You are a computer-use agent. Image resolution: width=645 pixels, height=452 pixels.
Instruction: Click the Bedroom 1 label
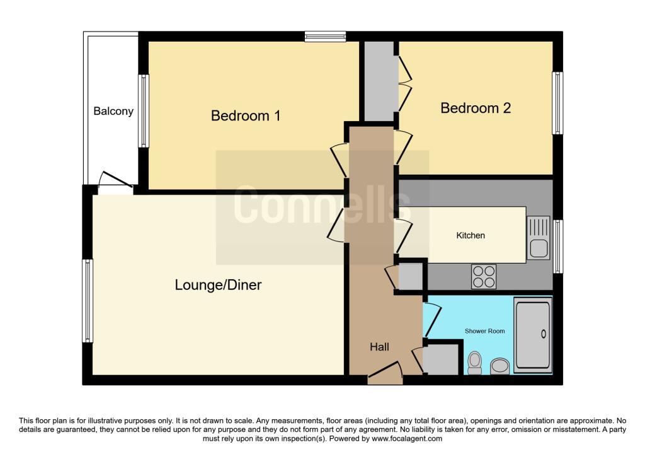pyautogui.click(x=246, y=115)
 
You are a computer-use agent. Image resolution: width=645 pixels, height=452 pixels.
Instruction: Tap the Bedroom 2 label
pyautogui.click(x=476, y=108)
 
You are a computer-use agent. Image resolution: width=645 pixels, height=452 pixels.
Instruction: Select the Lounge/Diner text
pyautogui.click(x=218, y=285)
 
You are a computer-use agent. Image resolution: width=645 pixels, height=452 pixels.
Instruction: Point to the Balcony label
pyautogui.click(x=113, y=111)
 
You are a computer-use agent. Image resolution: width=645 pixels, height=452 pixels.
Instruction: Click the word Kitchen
pyautogui.click(x=471, y=236)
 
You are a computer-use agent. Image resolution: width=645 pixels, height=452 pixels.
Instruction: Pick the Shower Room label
pyautogui.click(x=484, y=331)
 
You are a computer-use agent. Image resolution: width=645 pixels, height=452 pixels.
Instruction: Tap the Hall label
pyautogui.click(x=379, y=347)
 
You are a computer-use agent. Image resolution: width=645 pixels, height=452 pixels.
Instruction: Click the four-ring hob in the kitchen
pyautogui.click(x=484, y=277)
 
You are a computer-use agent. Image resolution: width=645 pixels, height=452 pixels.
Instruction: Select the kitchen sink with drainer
pyautogui.click(x=539, y=238)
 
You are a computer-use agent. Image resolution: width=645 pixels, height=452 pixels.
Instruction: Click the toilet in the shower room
pyautogui.click(x=475, y=362)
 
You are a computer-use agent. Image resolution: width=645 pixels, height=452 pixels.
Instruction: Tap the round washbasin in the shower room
pyautogui.click(x=499, y=366)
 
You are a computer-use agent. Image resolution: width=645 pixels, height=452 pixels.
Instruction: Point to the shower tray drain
pyautogui.click(x=544, y=334)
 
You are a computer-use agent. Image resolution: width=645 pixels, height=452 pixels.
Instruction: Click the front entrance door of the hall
pyautogui.click(x=385, y=373)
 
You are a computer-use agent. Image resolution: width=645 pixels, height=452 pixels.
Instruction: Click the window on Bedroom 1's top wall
pyautogui.click(x=326, y=37)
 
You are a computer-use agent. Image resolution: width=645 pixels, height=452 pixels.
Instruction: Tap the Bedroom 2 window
pyautogui.click(x=557, y=103)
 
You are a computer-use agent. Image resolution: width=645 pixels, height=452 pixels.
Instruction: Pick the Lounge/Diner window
pyautogui.click(x=88, y=301)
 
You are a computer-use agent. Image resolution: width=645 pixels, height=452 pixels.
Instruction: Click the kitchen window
pyautogui.click(x=557, y=246)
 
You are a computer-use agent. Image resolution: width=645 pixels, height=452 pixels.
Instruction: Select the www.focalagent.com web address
pyautogui.click(x=407, y=439)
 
